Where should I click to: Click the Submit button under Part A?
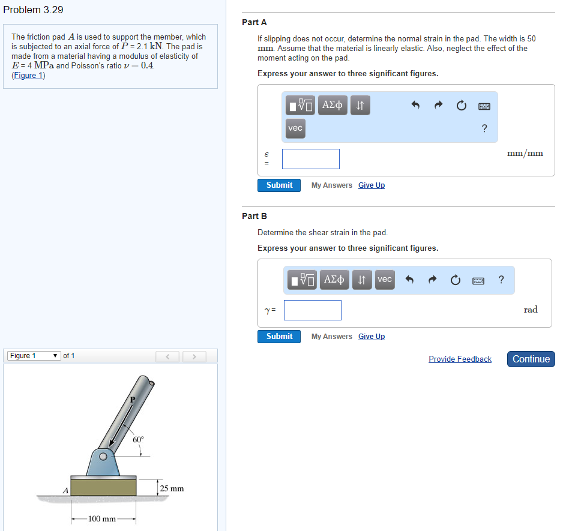(279, 185)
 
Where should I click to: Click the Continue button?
(531, 359)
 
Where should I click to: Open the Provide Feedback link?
(460, 359)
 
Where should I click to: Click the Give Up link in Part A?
(372, 185)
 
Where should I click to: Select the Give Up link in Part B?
(372, 337)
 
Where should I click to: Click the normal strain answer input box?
(311, 159)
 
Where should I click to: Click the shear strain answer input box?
(313, 310)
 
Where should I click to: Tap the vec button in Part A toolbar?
(295, 128)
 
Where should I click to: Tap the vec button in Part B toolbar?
(385, 279)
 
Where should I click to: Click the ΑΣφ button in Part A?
(333, 106)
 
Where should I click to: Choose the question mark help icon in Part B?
(501, 280)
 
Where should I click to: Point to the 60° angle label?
(138, 440)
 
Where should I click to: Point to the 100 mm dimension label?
(102, 519)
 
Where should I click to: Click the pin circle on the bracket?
(103, 457)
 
